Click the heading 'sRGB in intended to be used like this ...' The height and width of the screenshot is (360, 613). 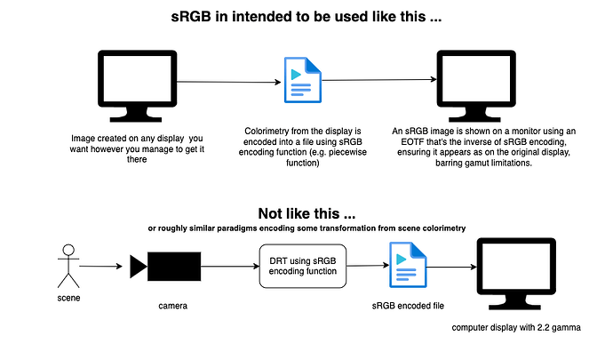(x=306, y=17)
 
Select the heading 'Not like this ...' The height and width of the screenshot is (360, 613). (x=307, y=213)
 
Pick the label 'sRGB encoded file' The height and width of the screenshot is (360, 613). (x=409, y=305)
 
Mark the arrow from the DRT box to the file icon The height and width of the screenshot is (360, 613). (x=366, y=266)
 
